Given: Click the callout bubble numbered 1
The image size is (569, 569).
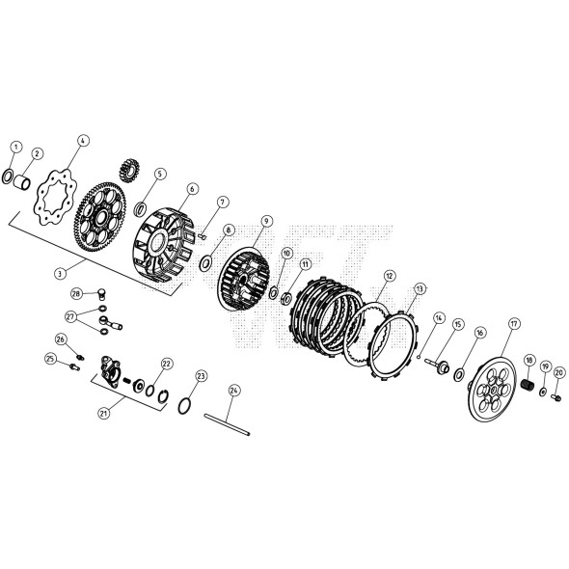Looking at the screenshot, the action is click(16, 148).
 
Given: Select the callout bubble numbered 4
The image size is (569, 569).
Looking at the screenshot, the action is click(83, 141).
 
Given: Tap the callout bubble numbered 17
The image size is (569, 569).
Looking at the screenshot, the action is click(515, 324).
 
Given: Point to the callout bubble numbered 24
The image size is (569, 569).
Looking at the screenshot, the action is click(234, 391).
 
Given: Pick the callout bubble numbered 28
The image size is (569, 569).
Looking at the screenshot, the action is click(76, 293).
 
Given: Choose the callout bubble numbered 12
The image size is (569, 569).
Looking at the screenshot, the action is click(390, 276).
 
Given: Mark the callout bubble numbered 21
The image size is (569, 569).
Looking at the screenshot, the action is click(104, 414).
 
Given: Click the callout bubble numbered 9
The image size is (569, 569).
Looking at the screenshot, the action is click(266, 221).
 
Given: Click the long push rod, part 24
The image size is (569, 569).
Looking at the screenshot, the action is click(228, 424).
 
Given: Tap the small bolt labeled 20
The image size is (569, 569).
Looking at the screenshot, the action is click(557, 398).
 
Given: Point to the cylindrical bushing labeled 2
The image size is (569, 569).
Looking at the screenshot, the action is click(22, 182).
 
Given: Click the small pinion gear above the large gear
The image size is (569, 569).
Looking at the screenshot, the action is click(129, 169).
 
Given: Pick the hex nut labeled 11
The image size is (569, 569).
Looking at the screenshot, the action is click(286, 298).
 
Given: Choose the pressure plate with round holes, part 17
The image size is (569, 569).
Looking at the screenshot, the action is click(492, 390).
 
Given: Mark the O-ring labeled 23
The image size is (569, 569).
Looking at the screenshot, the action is click(184, 405).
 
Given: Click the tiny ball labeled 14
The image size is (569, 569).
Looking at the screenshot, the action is click(419, 357).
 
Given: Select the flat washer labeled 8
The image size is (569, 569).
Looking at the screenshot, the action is click(205, 263).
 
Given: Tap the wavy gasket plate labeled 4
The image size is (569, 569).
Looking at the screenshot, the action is click(55, 198).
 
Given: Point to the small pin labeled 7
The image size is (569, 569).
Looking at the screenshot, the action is click(203, 236).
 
